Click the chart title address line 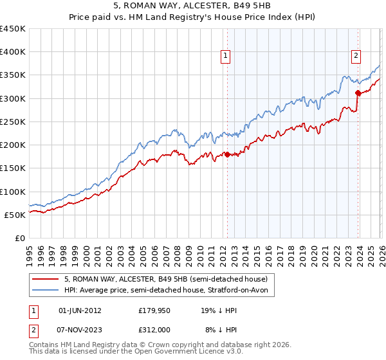point(192,6)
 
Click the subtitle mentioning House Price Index point(192,17)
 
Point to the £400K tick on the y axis point(13,52)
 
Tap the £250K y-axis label point(13,122)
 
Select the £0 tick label point(19,238)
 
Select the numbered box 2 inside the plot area point(356,56)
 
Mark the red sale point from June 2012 point(227,154)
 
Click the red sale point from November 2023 point(358,93)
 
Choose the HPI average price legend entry point(169,291)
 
